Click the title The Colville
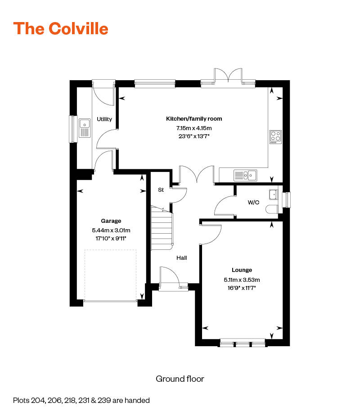(x=61, y=28)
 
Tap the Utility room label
(x=104, y=119)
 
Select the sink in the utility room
(x=85, y=128)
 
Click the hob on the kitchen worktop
(x=275, y=137)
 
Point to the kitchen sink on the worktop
(x=245, y=175)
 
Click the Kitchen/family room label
(x=194, y=119)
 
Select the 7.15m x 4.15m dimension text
(x=194, y=128)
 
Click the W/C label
(x=254, y=202)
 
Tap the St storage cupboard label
(x=160, y=190)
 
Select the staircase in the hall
(x=162, y=230)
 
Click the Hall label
(x=181, y=258)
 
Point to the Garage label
(x=111, y=221)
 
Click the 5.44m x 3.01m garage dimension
(x=111, y=230)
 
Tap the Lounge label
(x=242, y=270)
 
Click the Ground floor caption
(x=180, y=379)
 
